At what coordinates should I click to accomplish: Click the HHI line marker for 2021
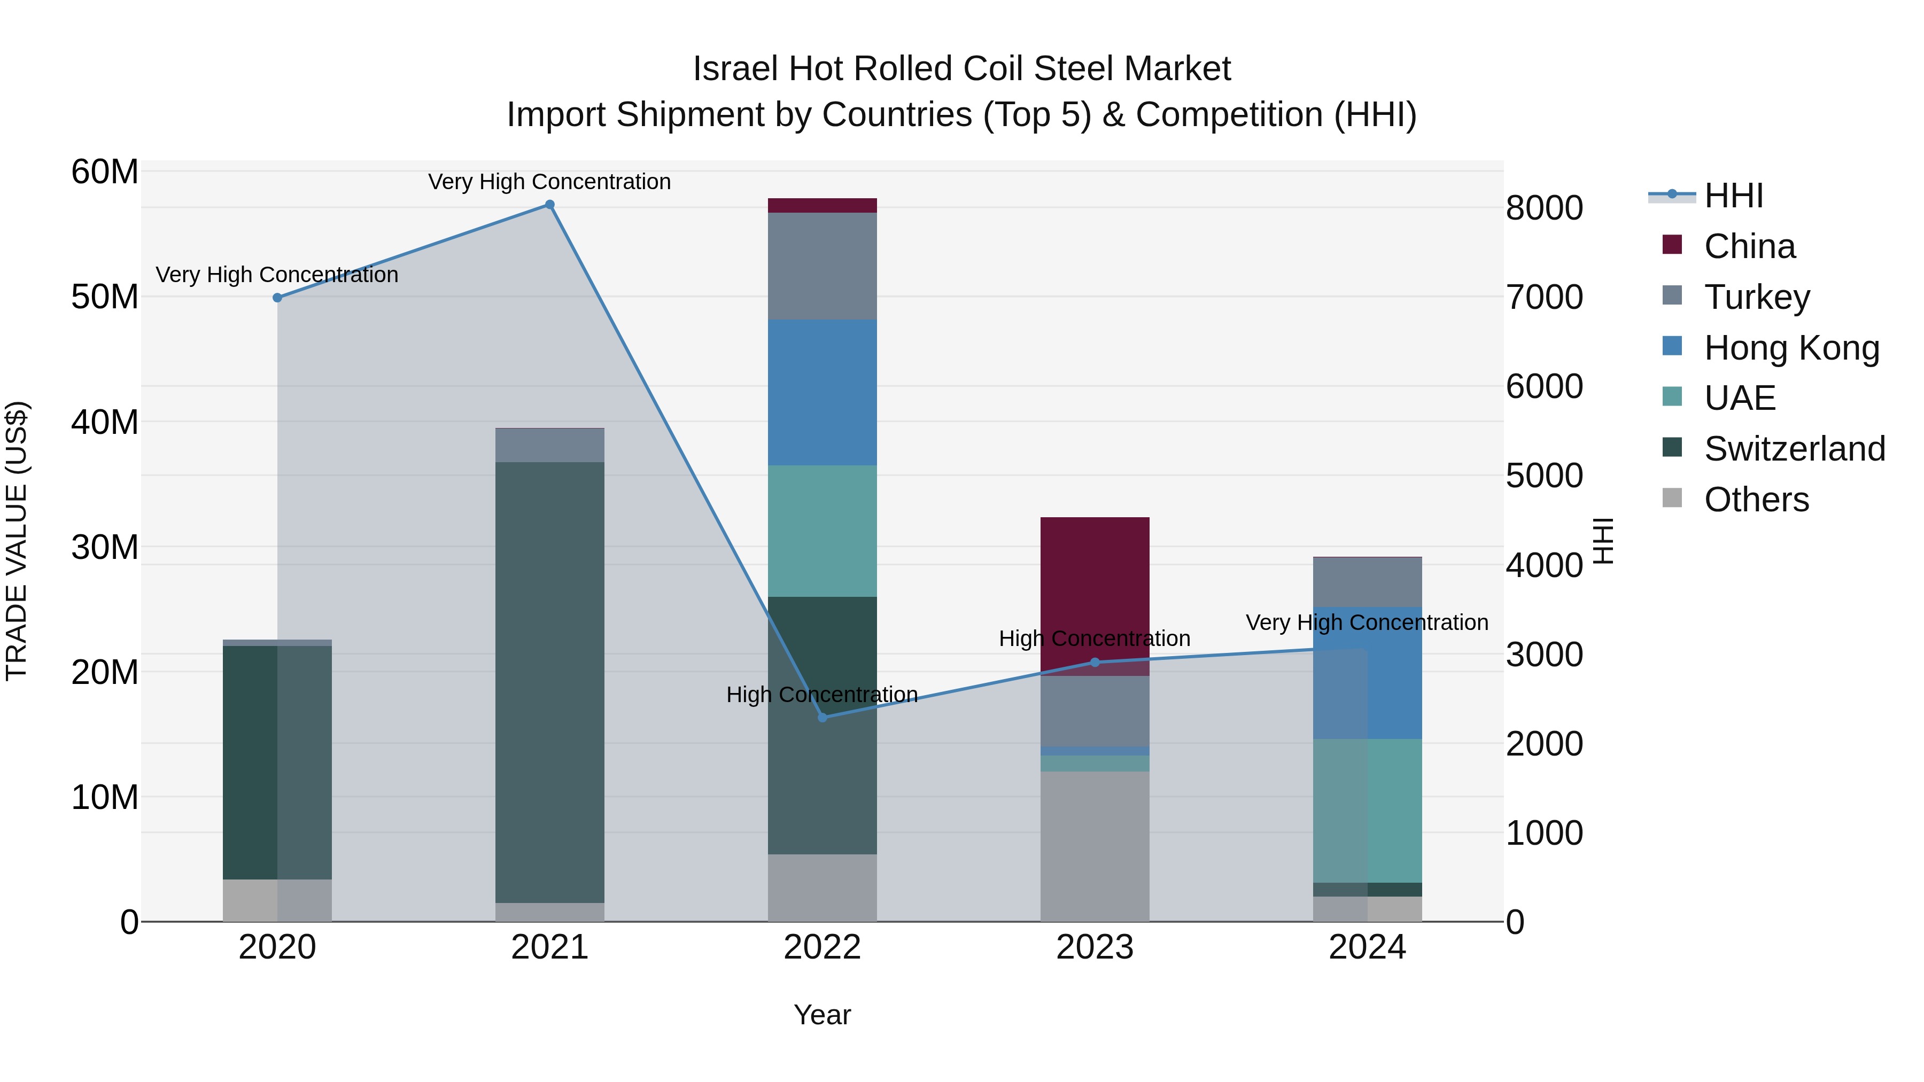point(550,205)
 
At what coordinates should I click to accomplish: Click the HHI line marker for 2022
point(823,718)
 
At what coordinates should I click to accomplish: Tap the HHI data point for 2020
point(277,298)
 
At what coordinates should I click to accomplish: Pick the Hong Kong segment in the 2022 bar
point(823,393)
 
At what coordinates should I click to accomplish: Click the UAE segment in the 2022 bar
point(823,531)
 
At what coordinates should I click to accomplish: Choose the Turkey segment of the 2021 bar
point(550,445)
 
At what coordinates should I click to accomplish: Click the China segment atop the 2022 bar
point(823,205)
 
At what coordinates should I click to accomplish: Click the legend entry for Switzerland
point(1794,449)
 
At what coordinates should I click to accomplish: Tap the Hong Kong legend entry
point(1791,348)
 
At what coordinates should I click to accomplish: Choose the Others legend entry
point(1756,500)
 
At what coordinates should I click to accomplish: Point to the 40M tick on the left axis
point(105,423)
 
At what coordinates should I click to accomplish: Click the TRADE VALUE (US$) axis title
point(17,541)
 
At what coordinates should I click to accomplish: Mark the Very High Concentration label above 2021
point(550,182)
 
